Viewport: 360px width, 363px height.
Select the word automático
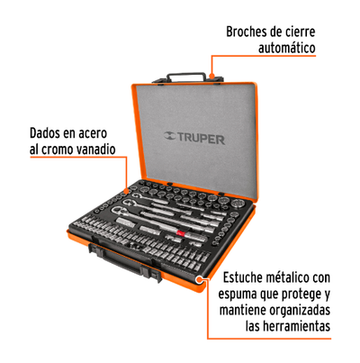[287, 48]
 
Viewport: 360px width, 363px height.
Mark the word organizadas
[300, 310]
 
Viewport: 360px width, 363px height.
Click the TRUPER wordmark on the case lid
[202, 139]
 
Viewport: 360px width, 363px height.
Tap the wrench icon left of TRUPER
[170, 136]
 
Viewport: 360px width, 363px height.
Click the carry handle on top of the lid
[186, 77]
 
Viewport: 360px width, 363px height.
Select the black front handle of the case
[123, 262]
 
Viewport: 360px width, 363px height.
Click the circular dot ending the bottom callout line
[199, 279]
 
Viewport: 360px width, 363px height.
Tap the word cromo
[57, 150]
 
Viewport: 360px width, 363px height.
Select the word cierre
[301, 32]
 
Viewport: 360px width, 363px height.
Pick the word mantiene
[243, 310]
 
